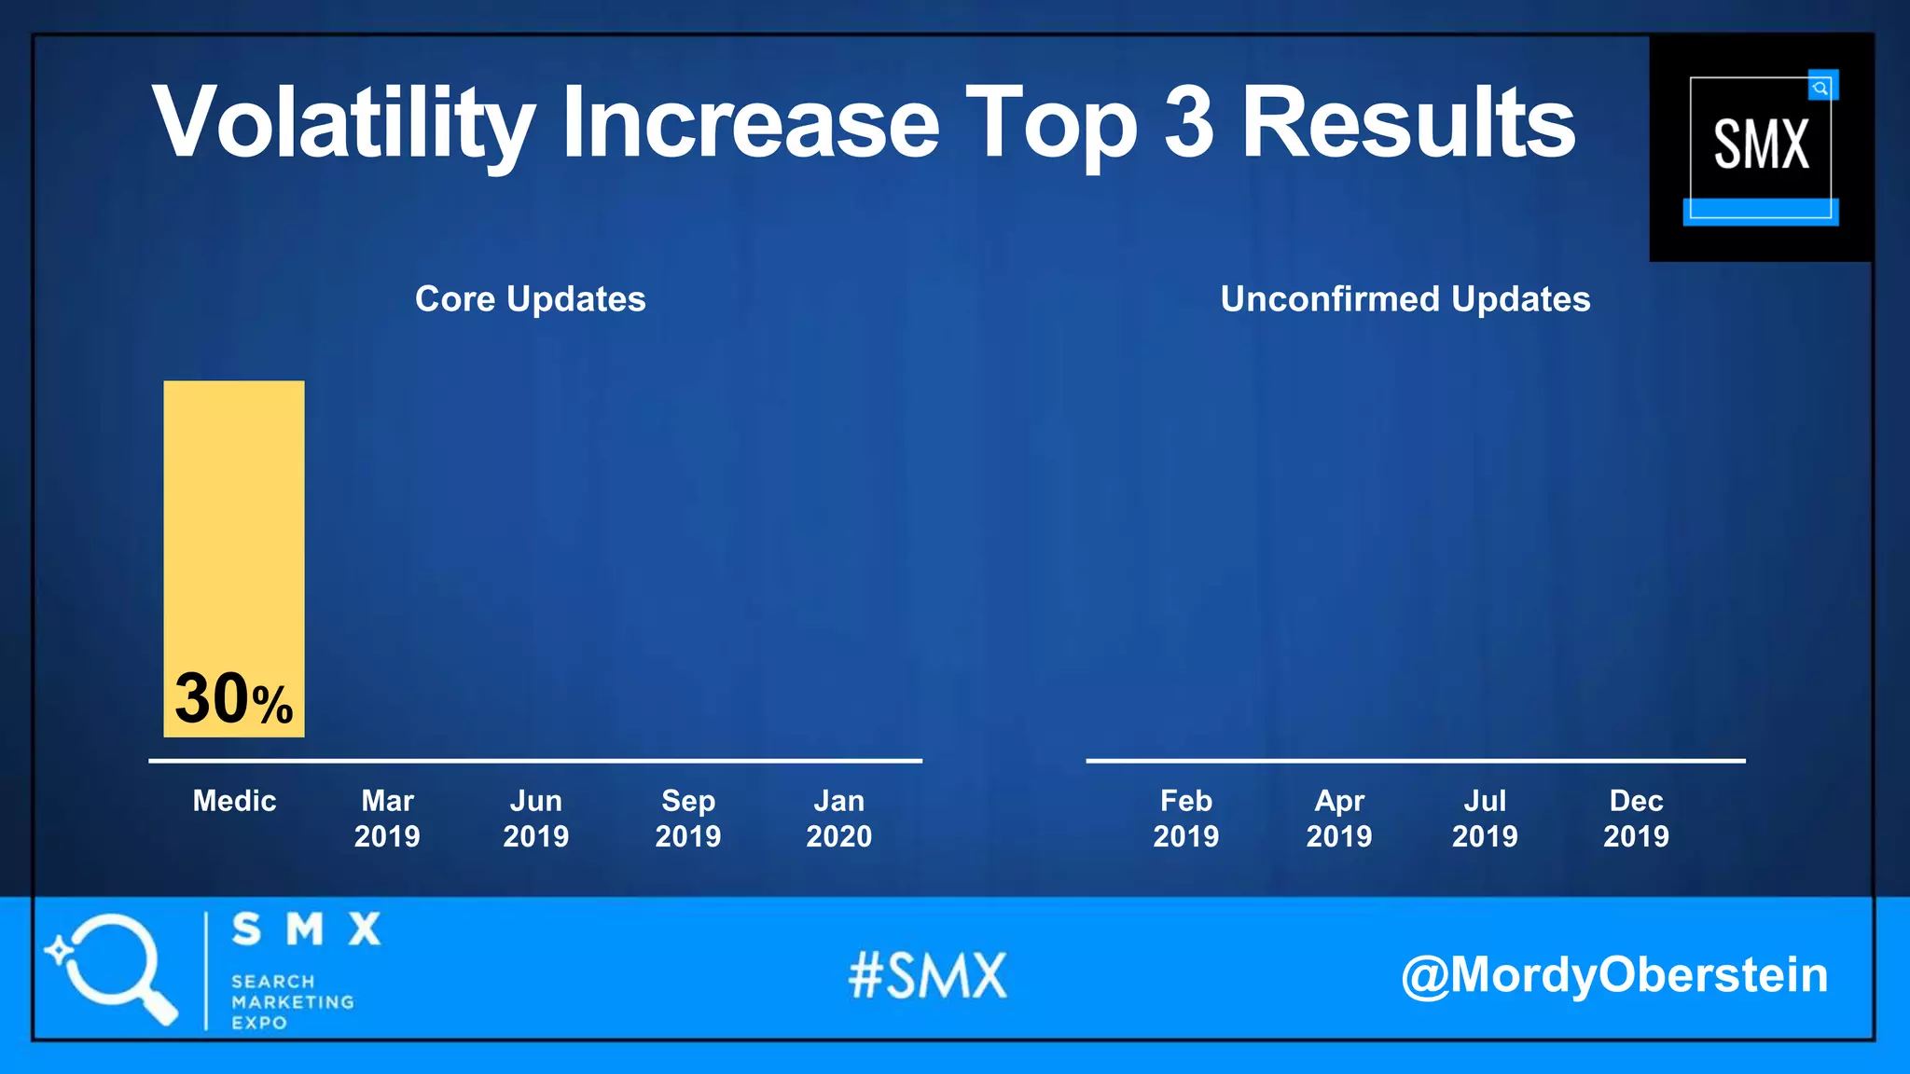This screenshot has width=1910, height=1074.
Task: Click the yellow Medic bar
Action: pos(234,522)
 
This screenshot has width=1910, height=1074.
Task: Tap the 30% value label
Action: pos(234,699)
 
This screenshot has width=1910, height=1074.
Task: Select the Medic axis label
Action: pos(234,801)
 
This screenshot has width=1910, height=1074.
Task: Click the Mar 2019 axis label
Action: pos(387,819)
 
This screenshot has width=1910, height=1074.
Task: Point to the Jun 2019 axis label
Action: pos(536,819)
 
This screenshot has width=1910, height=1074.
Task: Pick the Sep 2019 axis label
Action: pos(688,819)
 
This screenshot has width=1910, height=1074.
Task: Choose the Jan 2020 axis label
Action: pos(839,819)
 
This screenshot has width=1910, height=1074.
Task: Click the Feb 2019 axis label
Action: pos(1186,819)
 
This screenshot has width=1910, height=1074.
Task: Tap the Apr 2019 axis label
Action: pos(1339,819)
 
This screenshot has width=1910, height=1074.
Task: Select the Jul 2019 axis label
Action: pos(1485,819)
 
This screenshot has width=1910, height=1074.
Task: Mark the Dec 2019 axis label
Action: pos(1637,819)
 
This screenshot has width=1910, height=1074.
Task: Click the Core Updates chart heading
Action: pos(530,299)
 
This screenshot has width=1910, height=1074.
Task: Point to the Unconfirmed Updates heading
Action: pos(1405,299)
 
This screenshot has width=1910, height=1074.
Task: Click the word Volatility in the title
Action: pos(343,124)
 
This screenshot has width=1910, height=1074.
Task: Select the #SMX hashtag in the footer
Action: pos(928,976)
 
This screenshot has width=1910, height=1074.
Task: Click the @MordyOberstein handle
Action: pos(1614,975)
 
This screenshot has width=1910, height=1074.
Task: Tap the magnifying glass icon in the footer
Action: pos(112,968)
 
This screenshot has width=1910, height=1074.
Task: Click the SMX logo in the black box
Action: pos(1761,146)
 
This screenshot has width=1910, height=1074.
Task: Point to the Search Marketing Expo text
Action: pos(292,1002)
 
